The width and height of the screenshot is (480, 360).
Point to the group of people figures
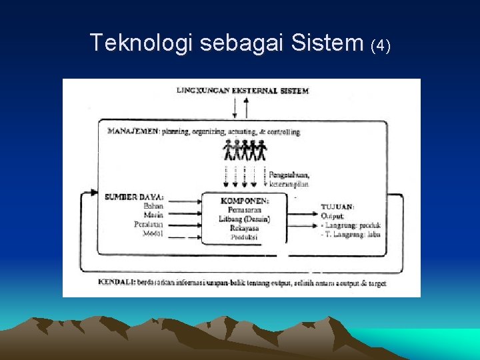tap(245, 151)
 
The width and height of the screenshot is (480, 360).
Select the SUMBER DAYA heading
tap(134, 197)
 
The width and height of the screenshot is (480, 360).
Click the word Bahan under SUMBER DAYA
tap(153, 206)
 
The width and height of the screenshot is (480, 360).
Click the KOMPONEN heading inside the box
tap(245, 200)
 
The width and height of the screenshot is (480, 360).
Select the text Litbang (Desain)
tap(245, 219)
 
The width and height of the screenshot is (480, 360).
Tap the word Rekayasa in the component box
tap(245, 228)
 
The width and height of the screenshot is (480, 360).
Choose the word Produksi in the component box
tap(245, 237)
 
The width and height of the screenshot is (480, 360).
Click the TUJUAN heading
tap(338, 207)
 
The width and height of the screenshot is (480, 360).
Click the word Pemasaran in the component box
tap(245, 209)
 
